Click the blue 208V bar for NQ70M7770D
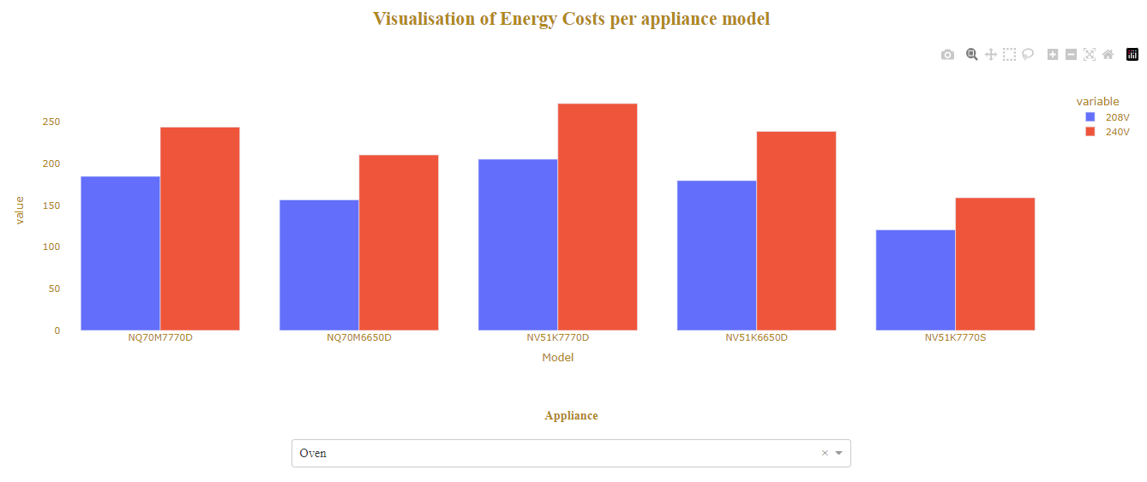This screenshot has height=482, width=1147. [x=120, y=253]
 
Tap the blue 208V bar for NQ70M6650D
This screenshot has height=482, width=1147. [x=319, y=265]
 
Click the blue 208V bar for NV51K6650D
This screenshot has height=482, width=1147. [x=717, y=255]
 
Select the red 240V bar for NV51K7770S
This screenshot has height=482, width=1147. [x=995, y=264]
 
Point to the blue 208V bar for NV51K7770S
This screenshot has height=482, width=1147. [x=916, y=280]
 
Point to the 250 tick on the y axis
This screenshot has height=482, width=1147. [x=51, y=122]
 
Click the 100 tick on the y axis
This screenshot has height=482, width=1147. [x=51, y=247]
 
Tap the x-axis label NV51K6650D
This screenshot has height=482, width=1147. [x=756, y=337]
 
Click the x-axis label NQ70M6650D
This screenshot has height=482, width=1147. [x=358, y=337]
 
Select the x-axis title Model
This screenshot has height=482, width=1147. [x=557, y=358]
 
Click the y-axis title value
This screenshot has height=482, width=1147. [x=20, y=211]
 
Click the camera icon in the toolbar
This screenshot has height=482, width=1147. [x=947, y=55]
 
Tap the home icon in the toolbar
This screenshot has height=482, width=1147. [x=1108, y=55]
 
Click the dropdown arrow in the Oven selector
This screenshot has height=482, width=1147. [x=839, y=453]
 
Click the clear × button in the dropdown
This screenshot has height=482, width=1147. [x=825, y=453]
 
